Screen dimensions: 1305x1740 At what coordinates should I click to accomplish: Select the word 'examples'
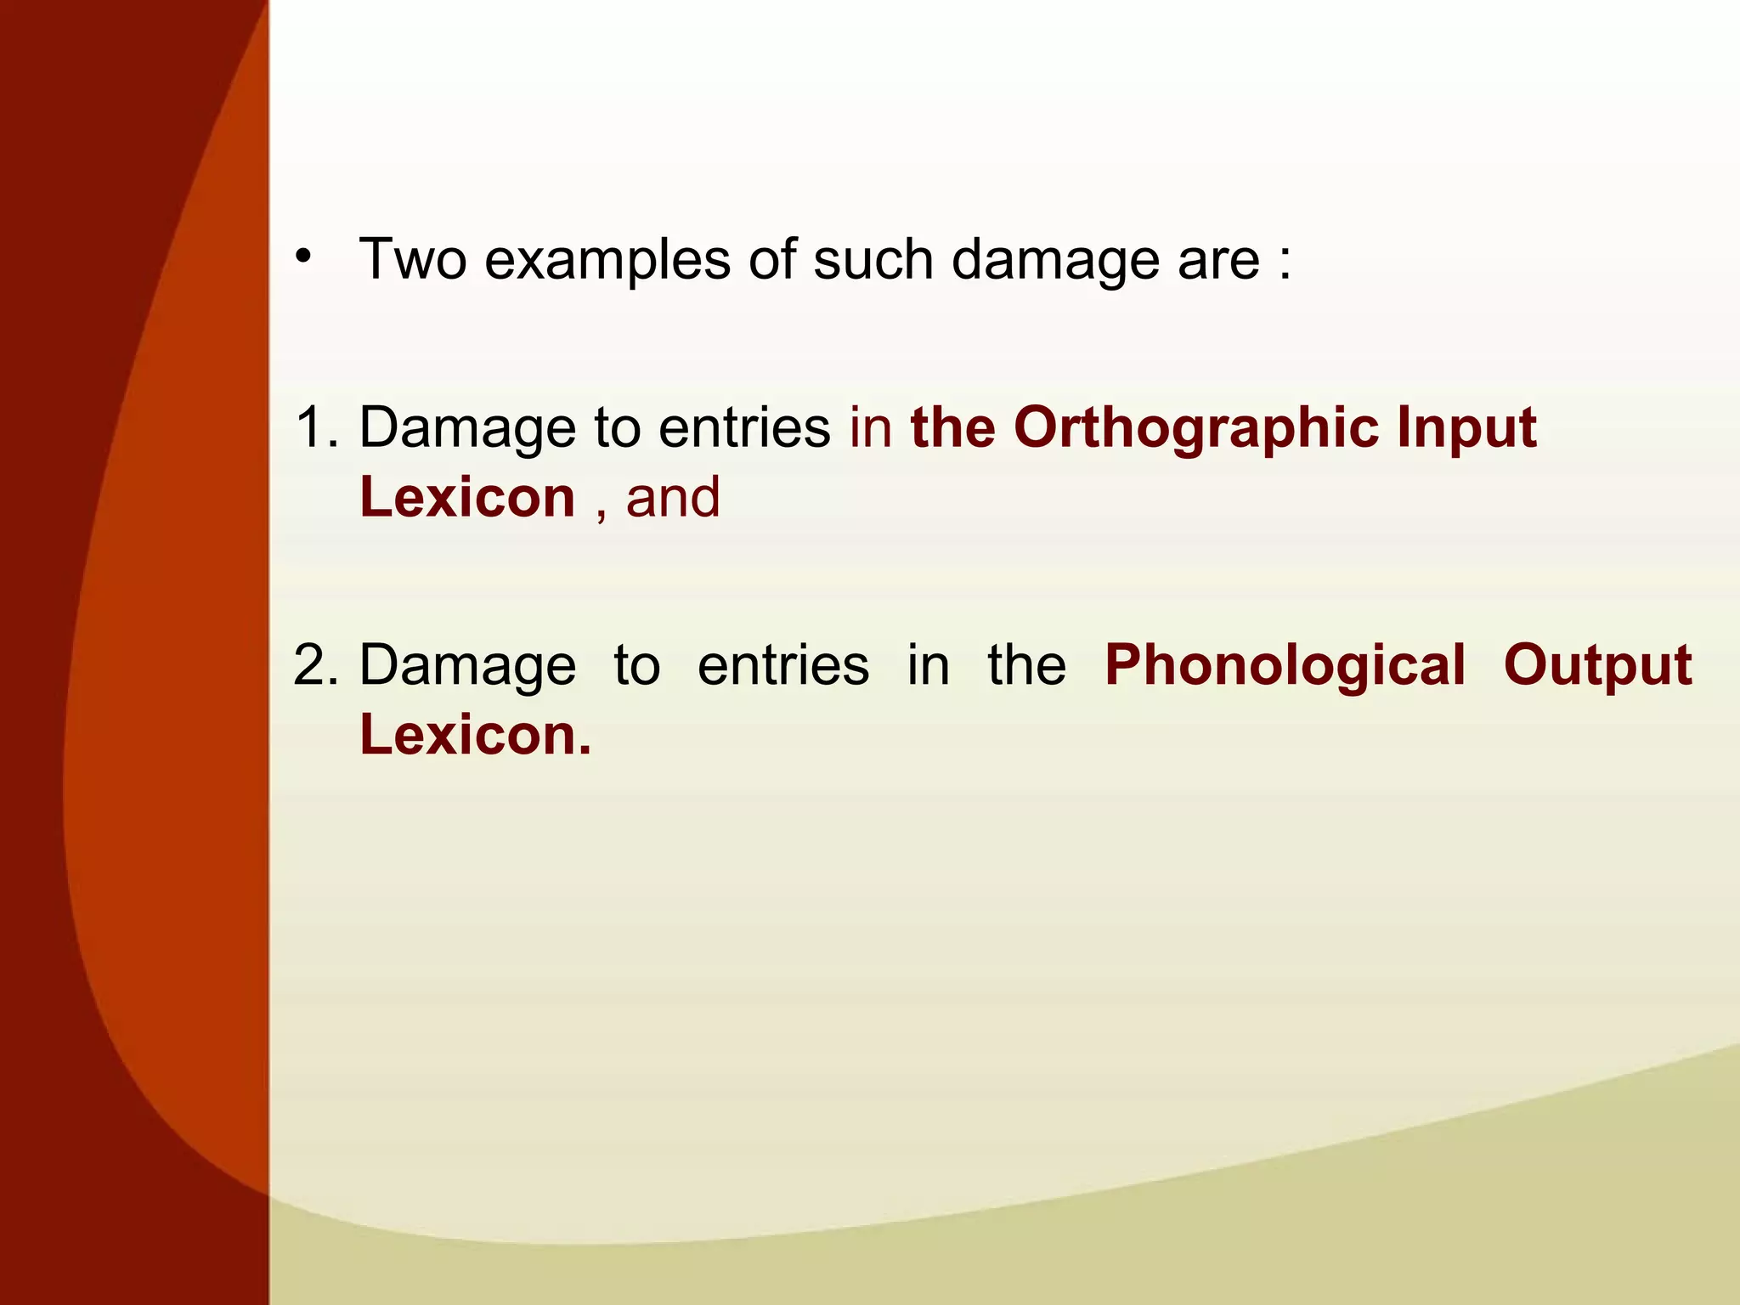pyautogui.click(x=607, y=260)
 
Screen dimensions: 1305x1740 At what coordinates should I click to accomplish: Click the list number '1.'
pyautogui.click(x=315, y=427)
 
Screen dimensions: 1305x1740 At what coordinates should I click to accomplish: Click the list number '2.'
pyautogui.click(x=315, y=664)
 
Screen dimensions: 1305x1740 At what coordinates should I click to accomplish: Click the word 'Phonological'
pyautogui.click(x=1285, y=666)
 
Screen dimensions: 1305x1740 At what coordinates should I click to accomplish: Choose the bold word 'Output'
pyautogui.click(x=1597, y=666)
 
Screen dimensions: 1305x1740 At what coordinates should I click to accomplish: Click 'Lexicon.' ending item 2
pyautogui.click(x=475, y=735)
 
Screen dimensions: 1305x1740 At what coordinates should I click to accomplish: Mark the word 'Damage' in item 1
pyautogui.click(x=467, y=428)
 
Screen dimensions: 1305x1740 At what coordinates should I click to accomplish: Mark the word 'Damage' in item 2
pyautogui.click(x=467, y=666)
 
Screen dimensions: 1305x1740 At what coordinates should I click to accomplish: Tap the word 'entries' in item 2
pyautogui.click(x=783, y=664)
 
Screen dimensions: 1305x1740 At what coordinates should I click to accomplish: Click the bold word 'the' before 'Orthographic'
pyautogui.click(x=952, y=427)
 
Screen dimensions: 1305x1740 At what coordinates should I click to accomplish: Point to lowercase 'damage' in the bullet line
pyautogui.click(x=1054, y=260)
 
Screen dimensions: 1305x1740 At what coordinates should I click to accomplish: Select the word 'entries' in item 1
pyautogui.click(x=744, y=427)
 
